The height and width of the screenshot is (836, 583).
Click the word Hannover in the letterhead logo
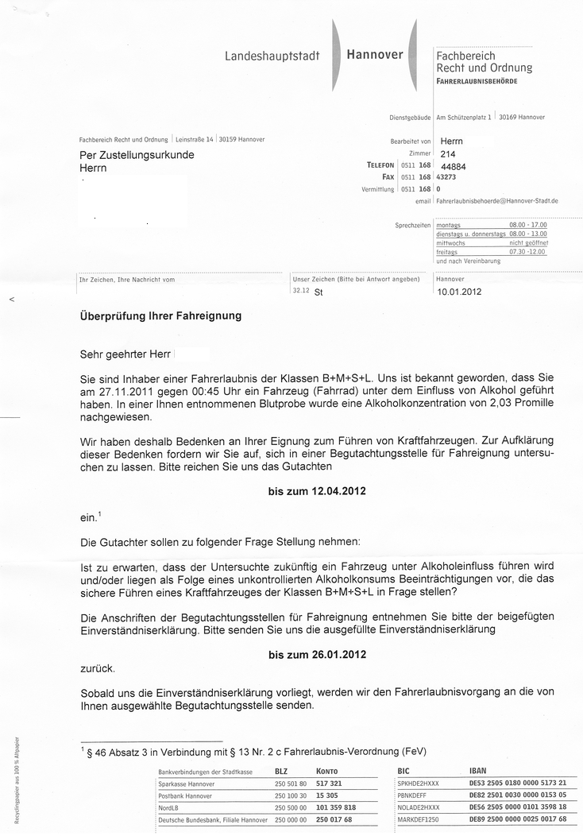[375, 55]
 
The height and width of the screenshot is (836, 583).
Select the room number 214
[447, 153]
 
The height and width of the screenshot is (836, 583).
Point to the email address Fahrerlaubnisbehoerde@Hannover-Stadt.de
[496, 201]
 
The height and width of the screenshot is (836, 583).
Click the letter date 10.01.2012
[459, 292]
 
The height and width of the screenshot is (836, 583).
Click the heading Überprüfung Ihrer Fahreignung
[160, 315]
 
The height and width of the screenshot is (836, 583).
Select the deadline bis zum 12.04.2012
[317, 492]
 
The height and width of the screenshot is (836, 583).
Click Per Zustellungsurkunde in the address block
[137, 156]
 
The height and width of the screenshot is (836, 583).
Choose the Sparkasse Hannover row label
[186, 784]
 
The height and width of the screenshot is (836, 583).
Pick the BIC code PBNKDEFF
[413, 795]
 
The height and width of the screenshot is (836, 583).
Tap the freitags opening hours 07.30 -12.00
[527, 252]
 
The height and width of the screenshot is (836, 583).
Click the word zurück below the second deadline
[98, 669]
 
